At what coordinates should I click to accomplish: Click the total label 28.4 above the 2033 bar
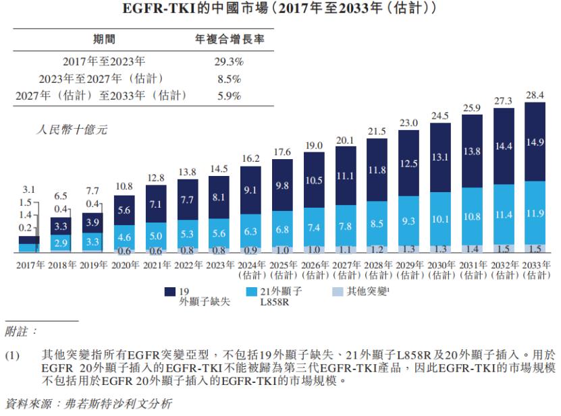coord(534,94)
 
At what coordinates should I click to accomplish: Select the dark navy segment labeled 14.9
coord(535,142)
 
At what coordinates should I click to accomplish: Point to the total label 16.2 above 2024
coord(250,158)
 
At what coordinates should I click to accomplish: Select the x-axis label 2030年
coord(439,264)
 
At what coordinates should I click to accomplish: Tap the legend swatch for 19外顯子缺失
coord(170,292)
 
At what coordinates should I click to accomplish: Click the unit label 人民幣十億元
coord(71,129)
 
